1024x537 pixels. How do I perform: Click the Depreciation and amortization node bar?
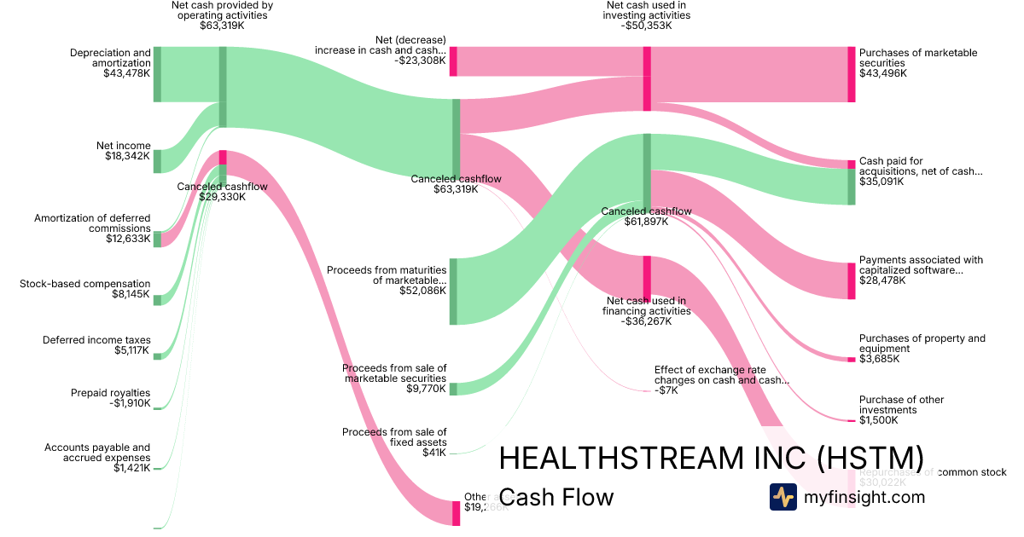(157, 74)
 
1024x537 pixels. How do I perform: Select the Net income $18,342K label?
(123, 151)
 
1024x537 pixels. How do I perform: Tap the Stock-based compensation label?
(84, 290)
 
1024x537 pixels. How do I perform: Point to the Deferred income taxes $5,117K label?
(96, 345)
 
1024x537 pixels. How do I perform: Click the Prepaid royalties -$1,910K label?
(110, 398)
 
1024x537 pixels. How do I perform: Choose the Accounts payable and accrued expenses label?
(97, 457)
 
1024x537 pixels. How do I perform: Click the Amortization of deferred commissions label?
(92, 228)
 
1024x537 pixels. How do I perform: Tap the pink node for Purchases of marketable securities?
(851, 74)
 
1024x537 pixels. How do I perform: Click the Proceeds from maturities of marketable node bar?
(454, 291)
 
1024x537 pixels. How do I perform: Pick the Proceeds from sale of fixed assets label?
(394, 442)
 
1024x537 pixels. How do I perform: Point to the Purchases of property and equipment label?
(922, 349)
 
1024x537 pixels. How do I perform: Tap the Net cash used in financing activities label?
(646, 311)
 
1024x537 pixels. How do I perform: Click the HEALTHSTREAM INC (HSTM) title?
(711, 458)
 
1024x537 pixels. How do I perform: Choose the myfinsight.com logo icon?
(783, 497)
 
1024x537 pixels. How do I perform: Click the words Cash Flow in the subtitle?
(556, 497)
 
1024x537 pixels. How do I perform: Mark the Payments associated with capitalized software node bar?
(851, 280)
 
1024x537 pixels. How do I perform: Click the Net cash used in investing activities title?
(646, 15)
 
